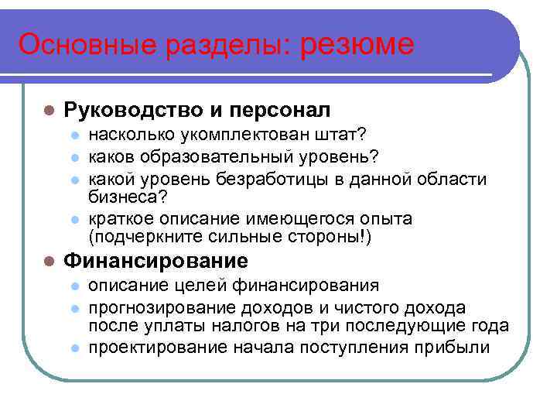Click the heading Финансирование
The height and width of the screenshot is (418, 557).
[x=155, y=261]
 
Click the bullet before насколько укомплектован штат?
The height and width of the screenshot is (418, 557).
[x=75, y=137]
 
